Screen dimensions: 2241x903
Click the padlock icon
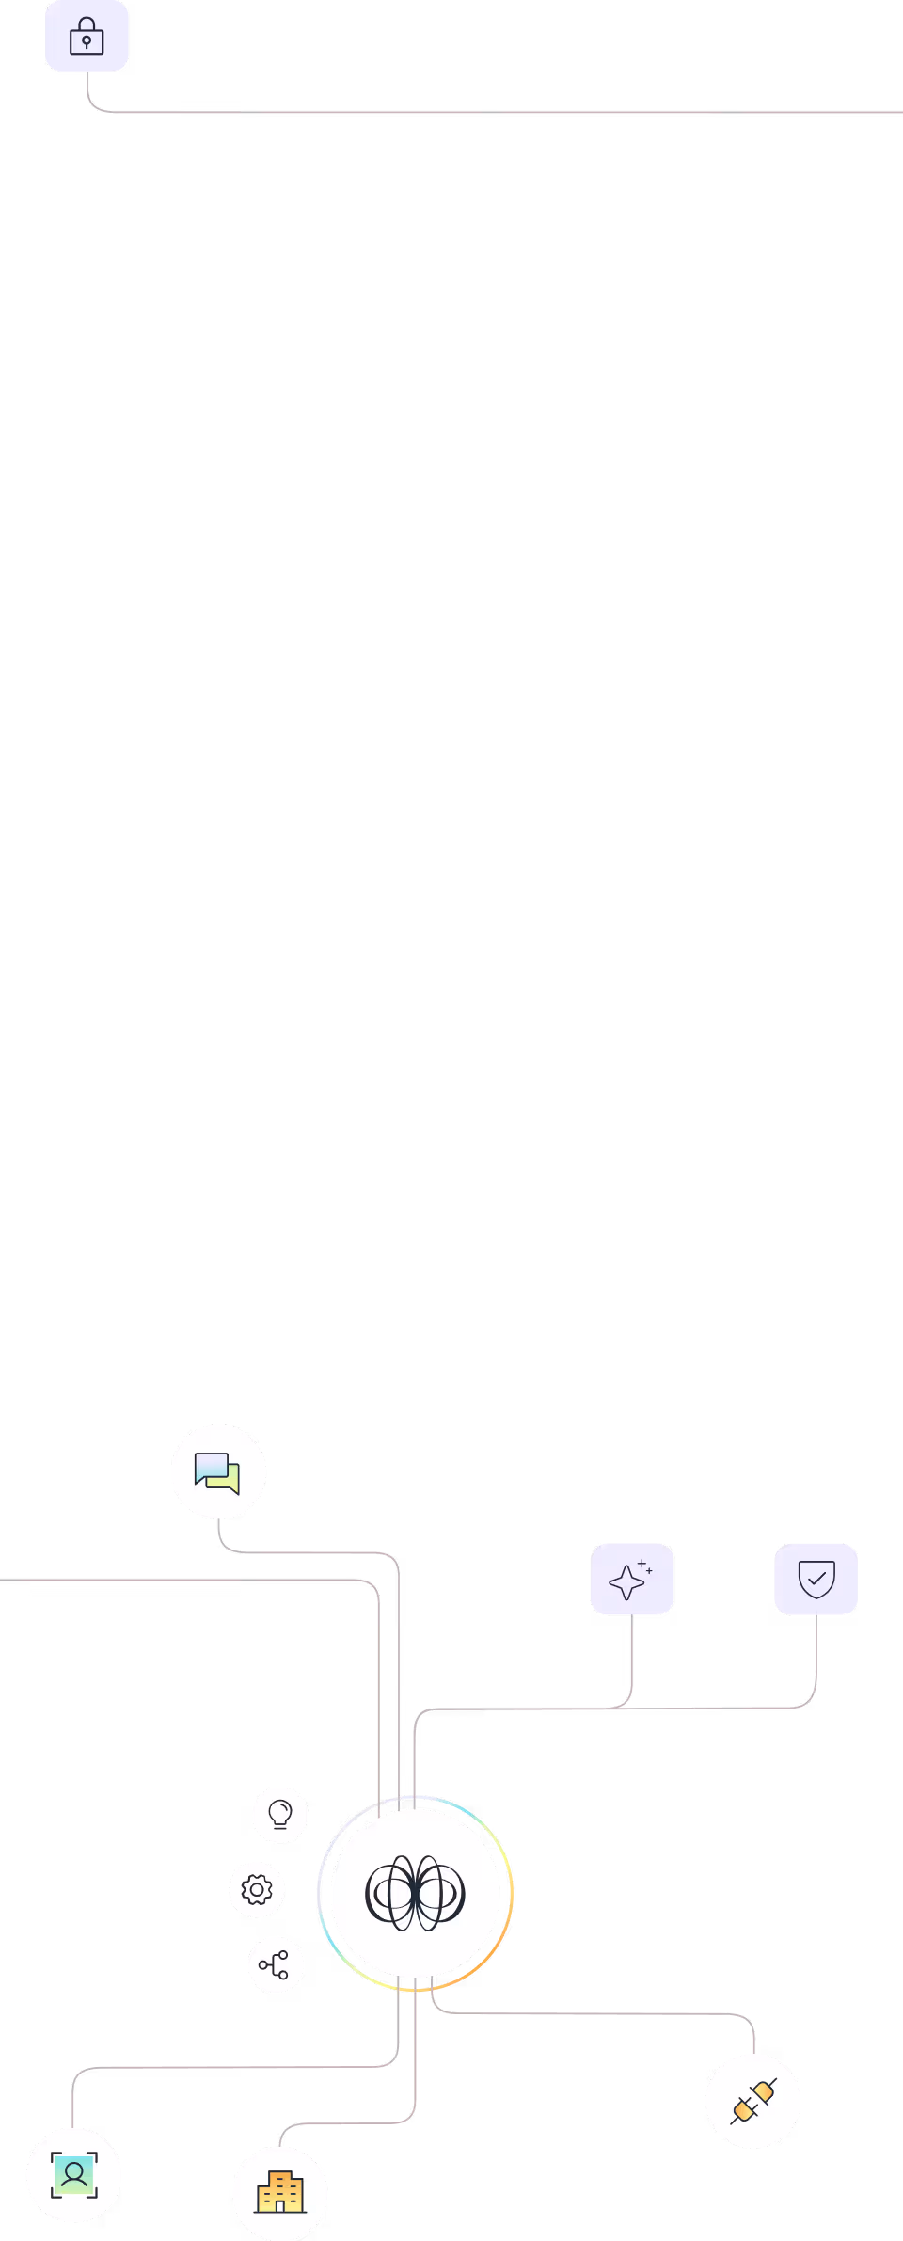coord(87,36)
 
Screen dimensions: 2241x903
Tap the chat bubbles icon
coord(218,1472)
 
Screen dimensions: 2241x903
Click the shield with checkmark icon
coord(816,1579)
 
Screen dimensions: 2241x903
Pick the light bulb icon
coord(280,1814)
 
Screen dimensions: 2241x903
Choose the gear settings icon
coord(257,1889)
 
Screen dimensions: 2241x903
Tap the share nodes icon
coord(275,1964)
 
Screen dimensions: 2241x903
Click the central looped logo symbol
coord(415,1893)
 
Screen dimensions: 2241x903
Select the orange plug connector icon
coord(753,2101)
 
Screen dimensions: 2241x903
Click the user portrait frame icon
coord(74,2175)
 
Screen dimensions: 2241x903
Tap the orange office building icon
coord(280,2193)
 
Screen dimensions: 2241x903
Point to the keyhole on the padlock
coord(87,42)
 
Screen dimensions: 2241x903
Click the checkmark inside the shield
coord(816,1578)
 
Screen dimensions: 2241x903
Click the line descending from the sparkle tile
coord(631,1656)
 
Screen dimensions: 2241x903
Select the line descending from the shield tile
coord(816,1656)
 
